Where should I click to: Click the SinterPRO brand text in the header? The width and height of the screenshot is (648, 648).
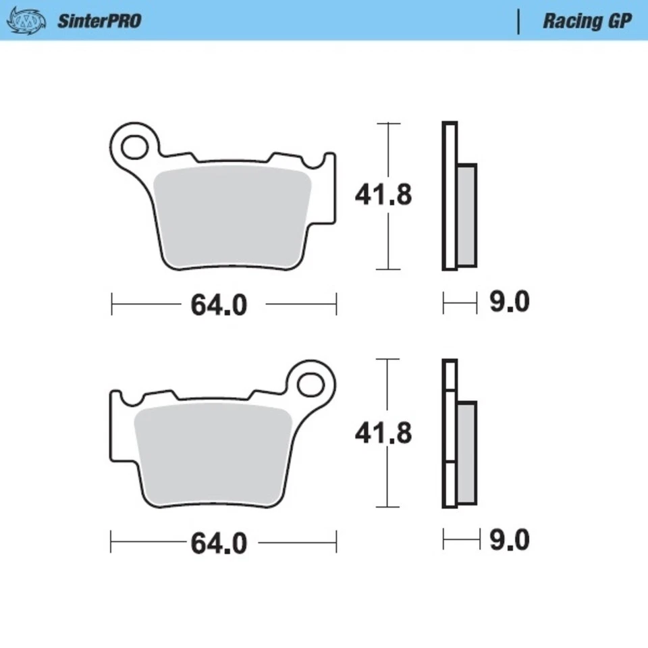tap(99, 20)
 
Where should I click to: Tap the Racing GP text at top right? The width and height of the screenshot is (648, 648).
tap(587, 20)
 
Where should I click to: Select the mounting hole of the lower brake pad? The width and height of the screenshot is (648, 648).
tap(312, 383)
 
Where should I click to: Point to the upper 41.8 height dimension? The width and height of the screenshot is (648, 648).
tap(383, 196)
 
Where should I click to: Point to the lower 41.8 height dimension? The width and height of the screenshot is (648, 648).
tap(383, 433)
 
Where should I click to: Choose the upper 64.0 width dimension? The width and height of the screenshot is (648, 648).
tap(219, 305)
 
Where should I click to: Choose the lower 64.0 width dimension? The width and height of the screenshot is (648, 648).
tap(219, 543)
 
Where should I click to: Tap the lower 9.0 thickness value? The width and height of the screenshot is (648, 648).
tap(509, 540)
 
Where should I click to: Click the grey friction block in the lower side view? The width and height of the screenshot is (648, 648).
tap(466, 453)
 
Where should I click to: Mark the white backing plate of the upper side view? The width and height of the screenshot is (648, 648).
tap(450, 196)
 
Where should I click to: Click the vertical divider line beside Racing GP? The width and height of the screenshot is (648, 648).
tap(518, 21)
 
